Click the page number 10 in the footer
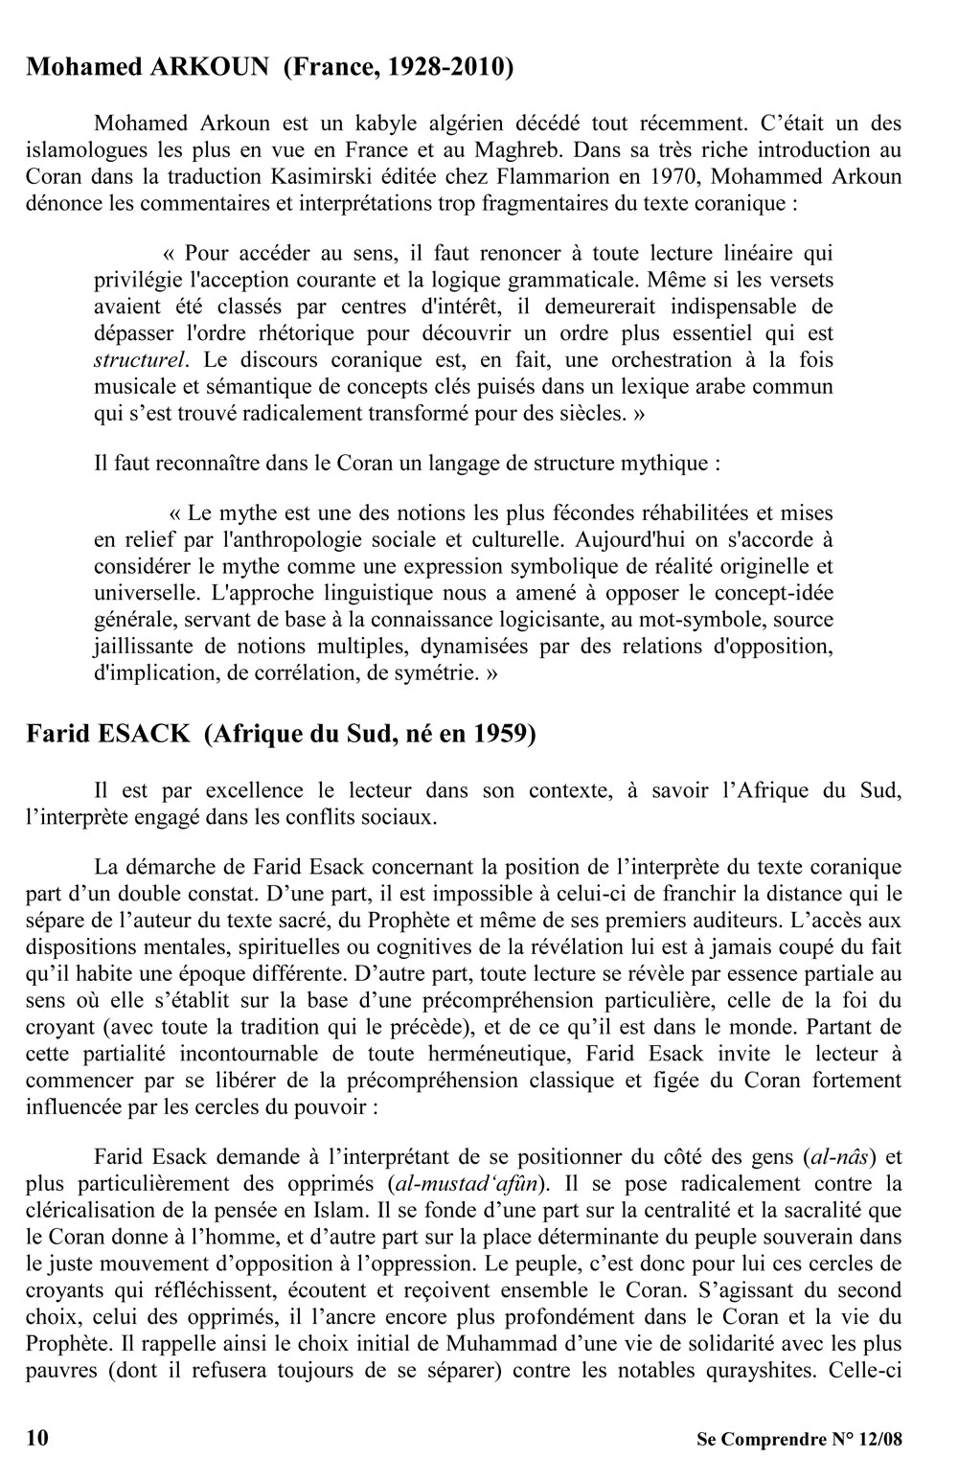click(37, 1437)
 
